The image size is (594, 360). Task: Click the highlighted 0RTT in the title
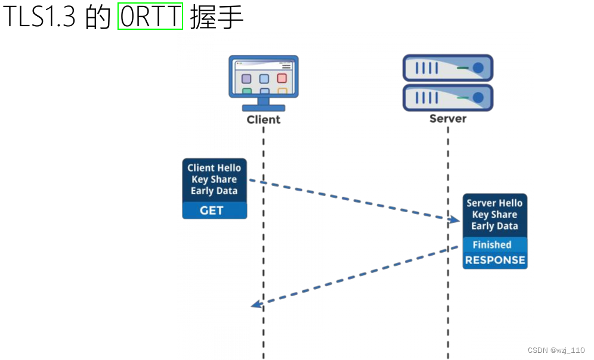tap(150, 17)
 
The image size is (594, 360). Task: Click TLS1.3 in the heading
tap(39, 18)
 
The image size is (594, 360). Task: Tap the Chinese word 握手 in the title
tap(216, 18)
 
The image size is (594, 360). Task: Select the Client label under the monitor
tap(263, 119)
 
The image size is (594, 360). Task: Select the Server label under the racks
tap(448, 119)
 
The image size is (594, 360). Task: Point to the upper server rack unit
tap(448, 68)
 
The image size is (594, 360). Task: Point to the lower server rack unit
tap(448, 97)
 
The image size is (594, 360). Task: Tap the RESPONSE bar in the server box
tap(495, 260)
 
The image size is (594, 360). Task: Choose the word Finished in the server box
tap(492, 245)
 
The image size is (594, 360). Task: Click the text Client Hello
tap(214, 168)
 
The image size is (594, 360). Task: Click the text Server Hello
tap(494, 203)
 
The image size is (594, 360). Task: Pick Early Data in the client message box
tap(214, 191)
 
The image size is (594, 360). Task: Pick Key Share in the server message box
tap(494, 215)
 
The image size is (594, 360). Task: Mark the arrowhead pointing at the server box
tap(454, 220)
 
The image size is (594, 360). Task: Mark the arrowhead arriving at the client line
tap(256, 305)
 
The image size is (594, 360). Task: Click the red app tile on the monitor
tap(281, 79)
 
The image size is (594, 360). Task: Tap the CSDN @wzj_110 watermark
tap(556, 350)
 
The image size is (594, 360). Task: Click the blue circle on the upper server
tap(478, 68)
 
